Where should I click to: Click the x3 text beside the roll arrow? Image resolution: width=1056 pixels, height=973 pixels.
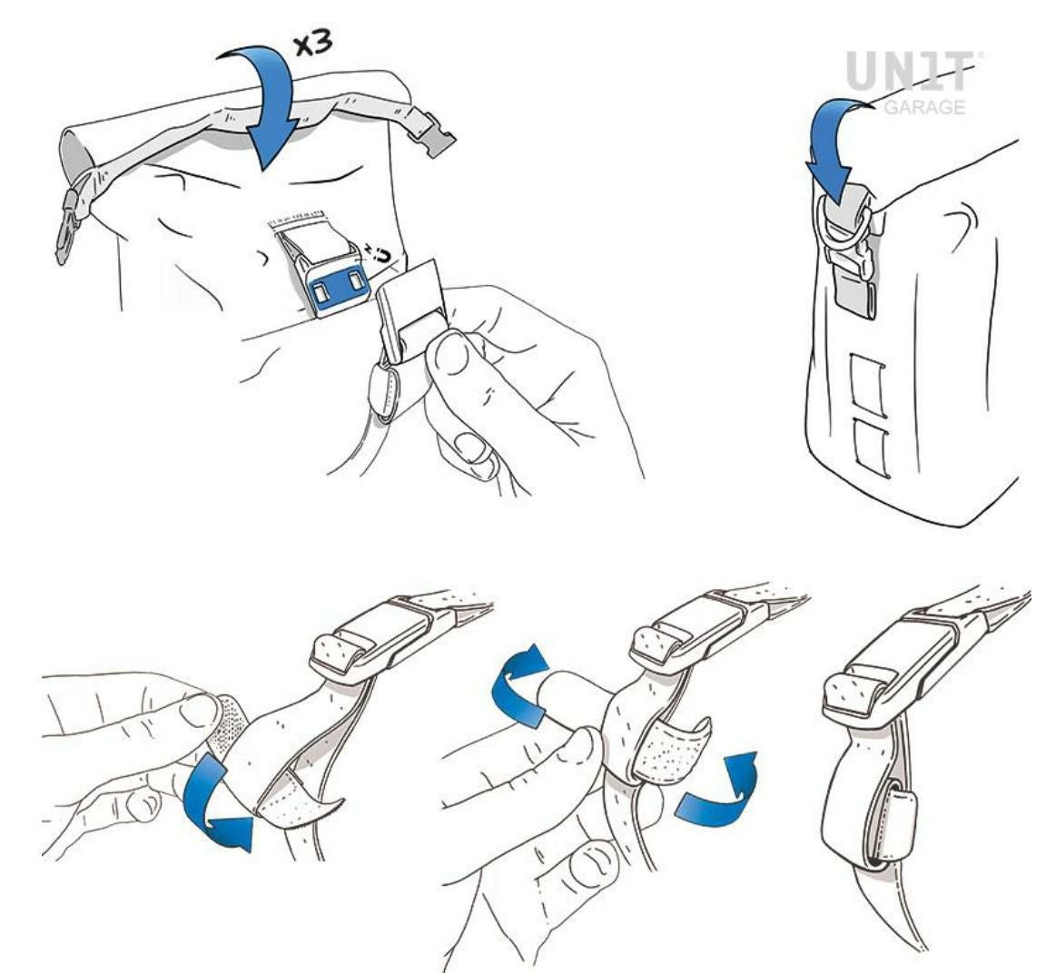click(312, 44)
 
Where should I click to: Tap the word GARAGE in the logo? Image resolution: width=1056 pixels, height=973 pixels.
click(924, 106)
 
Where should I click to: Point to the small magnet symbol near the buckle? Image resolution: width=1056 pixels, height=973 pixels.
click(379, 254)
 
